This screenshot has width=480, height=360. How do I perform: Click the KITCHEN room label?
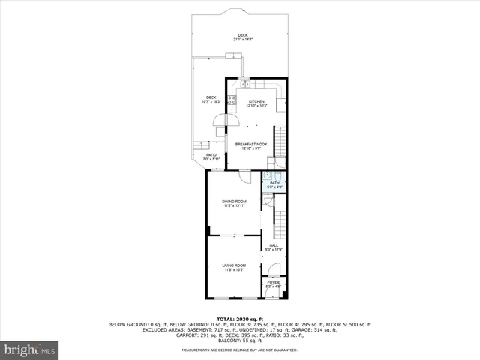point(257,101)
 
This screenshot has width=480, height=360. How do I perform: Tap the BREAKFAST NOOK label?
point(250,143)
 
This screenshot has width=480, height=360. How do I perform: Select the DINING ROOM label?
point(234,202)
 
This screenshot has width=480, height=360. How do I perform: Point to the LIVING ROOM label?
point(234,265)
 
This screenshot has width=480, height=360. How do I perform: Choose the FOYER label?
point(274,282)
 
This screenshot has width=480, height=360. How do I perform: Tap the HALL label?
point(274,244)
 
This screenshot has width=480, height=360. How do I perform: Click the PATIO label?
point(211,155)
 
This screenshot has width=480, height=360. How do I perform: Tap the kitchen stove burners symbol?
point(232,99)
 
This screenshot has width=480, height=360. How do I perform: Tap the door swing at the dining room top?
point(244,175)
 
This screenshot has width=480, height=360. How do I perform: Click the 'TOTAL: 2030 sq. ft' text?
point(239,319)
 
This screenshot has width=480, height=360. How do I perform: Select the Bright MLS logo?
point(29,349)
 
